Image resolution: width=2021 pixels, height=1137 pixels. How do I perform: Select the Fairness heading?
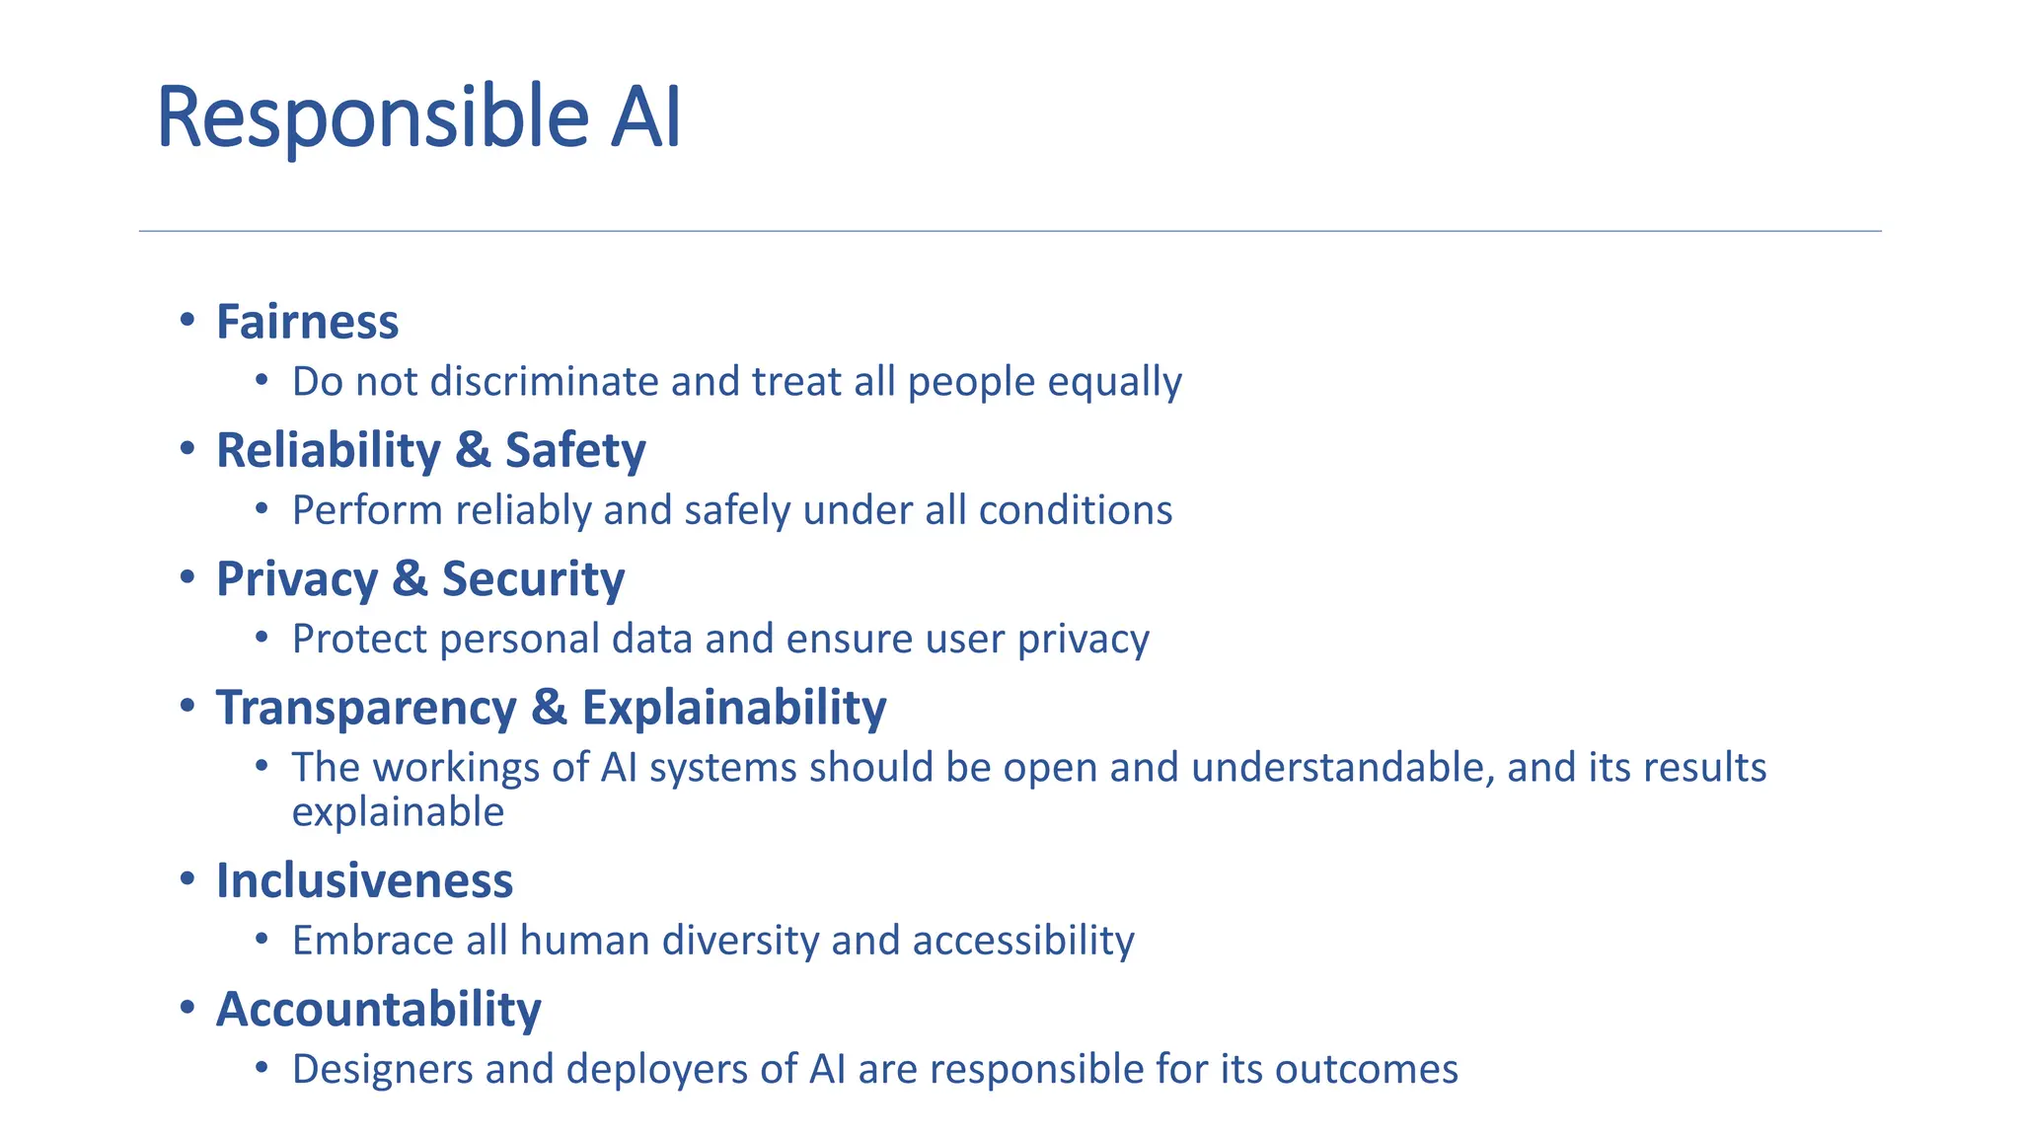tap(307, 322)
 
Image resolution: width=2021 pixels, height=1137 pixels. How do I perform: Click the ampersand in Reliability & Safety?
tap(473, 450)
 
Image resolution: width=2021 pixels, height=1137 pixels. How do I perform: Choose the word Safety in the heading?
tap(575, 450)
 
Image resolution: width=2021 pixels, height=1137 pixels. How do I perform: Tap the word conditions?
tap(1075, 510)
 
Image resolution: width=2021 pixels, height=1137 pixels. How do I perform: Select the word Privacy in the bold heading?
tap(297, 578)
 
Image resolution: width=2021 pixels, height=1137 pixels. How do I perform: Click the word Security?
tap(533, 578)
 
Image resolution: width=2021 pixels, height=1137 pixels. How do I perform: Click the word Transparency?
tap(366, 708)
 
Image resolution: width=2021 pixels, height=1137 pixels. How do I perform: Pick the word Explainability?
tap(733, 708)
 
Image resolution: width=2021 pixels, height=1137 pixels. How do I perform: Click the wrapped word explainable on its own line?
tap(398, 812)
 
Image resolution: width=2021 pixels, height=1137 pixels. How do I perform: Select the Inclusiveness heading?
tap(364, 880)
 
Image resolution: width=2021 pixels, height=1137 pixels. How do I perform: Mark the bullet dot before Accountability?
tap(187, 1008)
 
